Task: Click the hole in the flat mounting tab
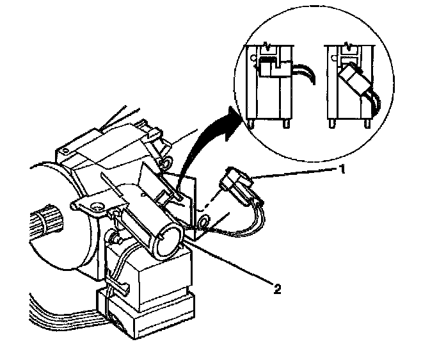point(97,206)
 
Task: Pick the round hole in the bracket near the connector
point(204,222)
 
